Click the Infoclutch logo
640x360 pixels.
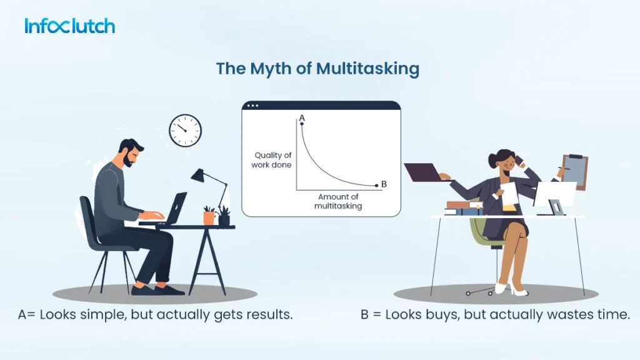[x=69, y=26]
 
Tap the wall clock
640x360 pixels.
[x=186, y=130]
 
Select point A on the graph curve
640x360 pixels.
[x=302, y=124]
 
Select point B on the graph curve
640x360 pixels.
[x=376, y=184]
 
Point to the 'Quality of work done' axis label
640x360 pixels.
[x=272, y=160]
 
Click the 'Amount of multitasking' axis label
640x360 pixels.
[x=337, y=201]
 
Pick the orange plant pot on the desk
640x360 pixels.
[x=209, y=218]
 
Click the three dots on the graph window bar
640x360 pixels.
[x=252, y=106]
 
